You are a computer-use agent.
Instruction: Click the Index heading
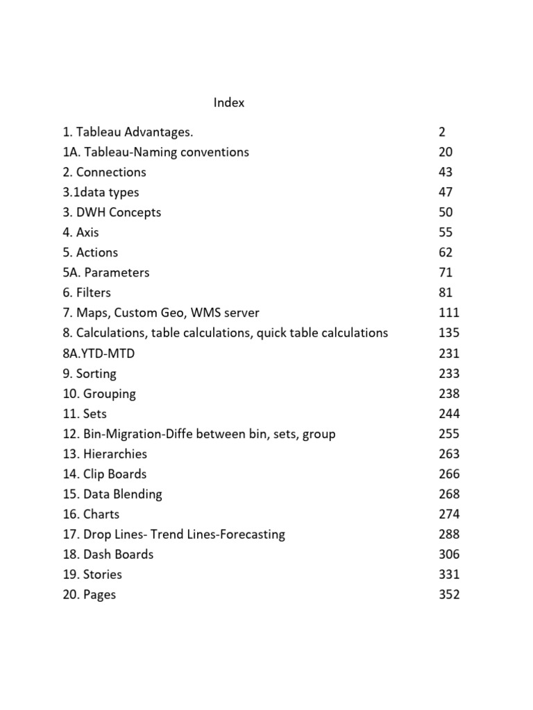click(229, 103)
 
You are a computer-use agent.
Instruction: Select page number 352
click(449, 594)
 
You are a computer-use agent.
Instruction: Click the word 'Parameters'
click(117, 272)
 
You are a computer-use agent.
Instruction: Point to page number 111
click(449, 313)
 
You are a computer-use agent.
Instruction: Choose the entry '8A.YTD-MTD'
click(99, 353)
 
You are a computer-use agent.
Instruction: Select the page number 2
click(442, 132)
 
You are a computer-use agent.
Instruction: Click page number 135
click(449, 333)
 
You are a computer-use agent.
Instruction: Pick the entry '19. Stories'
click(92, 574)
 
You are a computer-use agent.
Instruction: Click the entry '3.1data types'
click(101, 192)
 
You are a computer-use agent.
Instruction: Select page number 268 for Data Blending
click(449, 494)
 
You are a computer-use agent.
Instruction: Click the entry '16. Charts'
click(91, 514)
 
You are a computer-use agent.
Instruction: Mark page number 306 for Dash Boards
click(449, 554)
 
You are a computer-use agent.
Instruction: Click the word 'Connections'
click(111, 172)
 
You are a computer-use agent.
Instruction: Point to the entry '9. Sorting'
click(90, 373)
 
